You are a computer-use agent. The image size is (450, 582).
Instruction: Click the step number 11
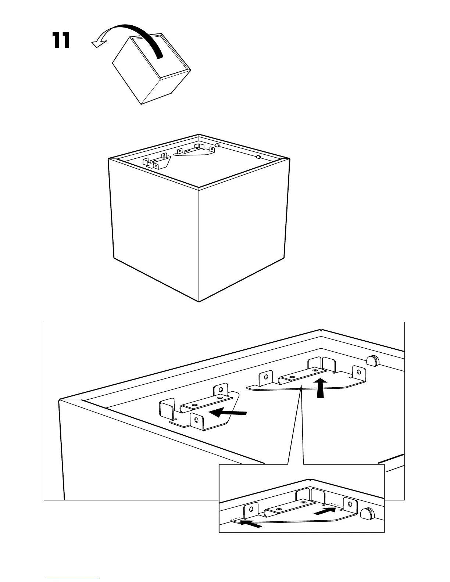61,40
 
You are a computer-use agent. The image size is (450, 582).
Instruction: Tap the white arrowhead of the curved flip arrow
97,44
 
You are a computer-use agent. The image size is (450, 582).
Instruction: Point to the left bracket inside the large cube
156,161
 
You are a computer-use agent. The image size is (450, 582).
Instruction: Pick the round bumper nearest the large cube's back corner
217,145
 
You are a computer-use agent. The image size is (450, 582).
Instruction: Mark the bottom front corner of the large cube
199,301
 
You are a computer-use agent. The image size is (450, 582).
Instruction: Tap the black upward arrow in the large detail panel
321,389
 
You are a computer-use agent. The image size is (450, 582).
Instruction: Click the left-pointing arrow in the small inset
251,523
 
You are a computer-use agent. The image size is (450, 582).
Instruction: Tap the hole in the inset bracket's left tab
251,509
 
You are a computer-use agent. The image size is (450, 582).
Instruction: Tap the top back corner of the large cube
199,134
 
